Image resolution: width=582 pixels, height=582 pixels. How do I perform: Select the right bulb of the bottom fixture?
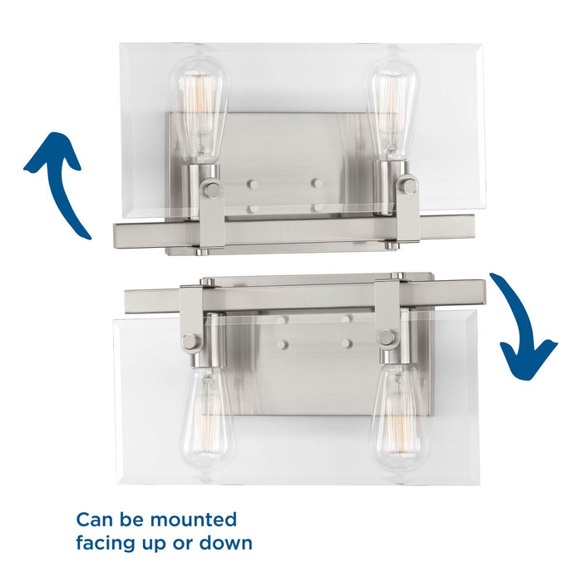[x=397, y=416]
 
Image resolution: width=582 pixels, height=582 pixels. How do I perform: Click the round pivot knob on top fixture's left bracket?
[x=213, y=190]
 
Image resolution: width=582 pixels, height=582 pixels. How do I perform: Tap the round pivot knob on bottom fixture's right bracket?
[x=386, y=338]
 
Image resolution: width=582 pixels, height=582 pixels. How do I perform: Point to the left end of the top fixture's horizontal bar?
[x=121, y=233]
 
